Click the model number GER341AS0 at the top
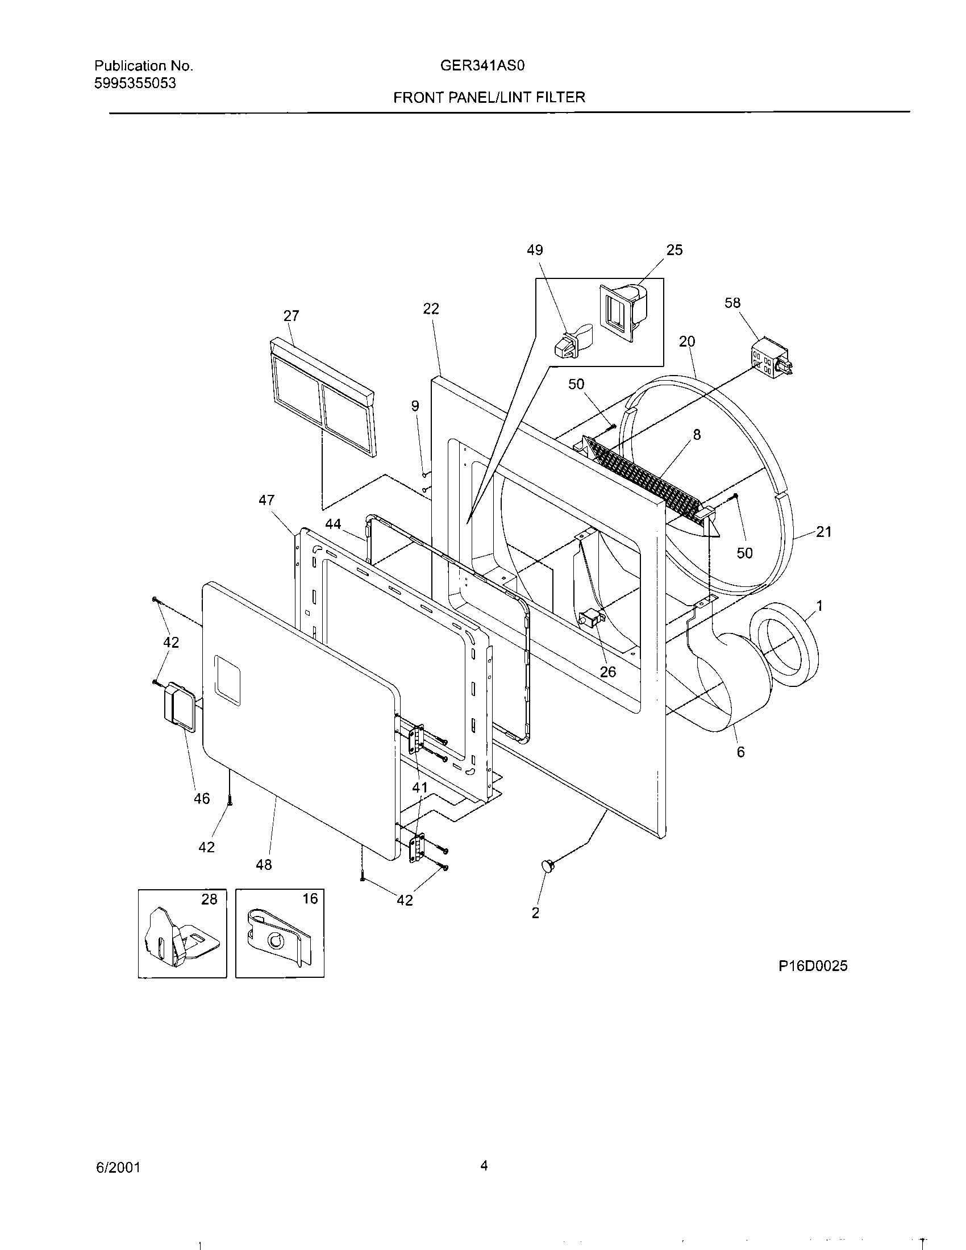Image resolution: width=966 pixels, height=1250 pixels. click(x=482, y=66)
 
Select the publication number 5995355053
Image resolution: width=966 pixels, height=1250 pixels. click(x=135, y=84)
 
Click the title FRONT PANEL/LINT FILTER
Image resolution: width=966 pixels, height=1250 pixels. click(x=489, y=97)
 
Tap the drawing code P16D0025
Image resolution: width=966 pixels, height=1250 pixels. click(x=813, y=966)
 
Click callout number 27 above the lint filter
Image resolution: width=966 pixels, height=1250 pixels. click(x=292, y=316)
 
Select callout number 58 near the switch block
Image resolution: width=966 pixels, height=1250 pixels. click(x=732, y=303)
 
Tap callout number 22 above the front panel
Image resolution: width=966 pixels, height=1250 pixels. click(x=431, y=309)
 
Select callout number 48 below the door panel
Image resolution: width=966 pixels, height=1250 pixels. click(x=264, y=865)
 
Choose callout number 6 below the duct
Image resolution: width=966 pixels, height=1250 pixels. click(x=740, y=752)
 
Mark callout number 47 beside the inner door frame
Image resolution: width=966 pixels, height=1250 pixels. click(x=266, y=500)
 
